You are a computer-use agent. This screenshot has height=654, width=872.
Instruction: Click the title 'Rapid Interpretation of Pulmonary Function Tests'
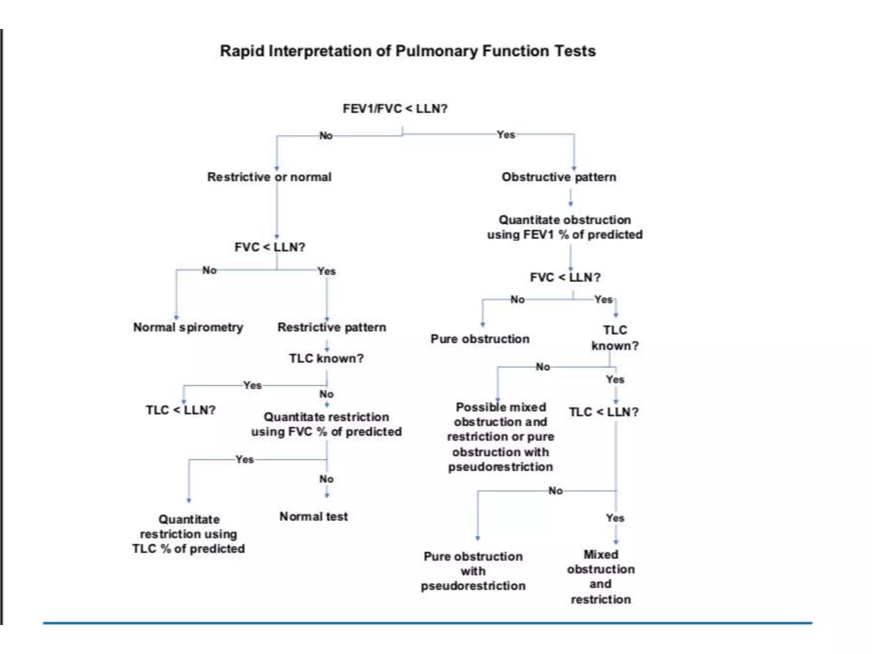click(407, 51)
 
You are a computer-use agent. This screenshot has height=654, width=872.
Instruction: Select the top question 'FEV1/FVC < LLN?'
click(395, 109)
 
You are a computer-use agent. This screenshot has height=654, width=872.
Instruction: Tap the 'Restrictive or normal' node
click(269, 177)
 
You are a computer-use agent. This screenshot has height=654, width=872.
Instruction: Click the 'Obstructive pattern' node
click(559, 177)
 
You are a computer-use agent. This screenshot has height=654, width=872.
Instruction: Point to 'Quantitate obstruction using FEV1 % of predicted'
click(565, 227)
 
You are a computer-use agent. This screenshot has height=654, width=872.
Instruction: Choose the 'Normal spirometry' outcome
click(188, 327)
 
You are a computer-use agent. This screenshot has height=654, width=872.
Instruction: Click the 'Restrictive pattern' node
click(332, 327)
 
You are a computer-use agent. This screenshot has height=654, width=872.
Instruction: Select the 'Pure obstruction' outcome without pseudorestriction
click(480, 339)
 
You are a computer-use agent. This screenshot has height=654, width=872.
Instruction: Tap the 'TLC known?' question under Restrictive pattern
click(327, 358)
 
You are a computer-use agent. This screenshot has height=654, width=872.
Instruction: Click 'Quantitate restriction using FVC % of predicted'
click(326, 424)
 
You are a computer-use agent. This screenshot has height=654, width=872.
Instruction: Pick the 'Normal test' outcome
click(313, 516)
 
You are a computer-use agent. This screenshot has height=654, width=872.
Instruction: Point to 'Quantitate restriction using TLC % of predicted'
click(188, 534)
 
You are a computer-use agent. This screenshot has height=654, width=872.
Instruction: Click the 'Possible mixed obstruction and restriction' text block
click(500, 437)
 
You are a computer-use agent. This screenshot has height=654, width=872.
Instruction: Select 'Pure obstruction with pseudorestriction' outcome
click(473, 571)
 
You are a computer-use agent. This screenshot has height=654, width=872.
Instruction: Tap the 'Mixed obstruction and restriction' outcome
click(601, 577)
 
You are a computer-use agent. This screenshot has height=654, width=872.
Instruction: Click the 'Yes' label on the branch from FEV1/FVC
click(506, 135)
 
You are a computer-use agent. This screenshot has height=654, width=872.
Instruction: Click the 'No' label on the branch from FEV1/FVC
click(326, 135)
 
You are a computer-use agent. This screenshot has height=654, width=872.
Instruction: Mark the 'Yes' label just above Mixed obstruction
click(615, 518)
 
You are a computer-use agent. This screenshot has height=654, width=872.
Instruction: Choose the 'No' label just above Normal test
click(326, 479)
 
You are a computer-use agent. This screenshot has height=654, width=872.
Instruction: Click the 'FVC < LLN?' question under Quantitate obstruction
click(565, 277)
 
